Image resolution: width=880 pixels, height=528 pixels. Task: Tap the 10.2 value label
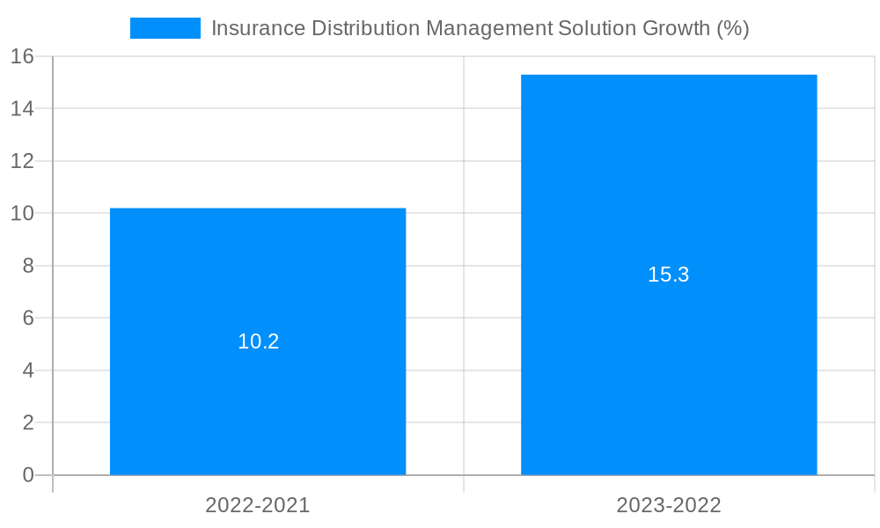click(258, 341)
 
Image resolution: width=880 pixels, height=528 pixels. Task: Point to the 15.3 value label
click(669, 275)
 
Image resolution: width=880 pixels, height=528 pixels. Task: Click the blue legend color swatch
click(165, 28)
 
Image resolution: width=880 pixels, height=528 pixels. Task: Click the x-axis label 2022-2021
click(258, 505)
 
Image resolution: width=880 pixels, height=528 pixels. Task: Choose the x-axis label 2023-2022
click(669, 505)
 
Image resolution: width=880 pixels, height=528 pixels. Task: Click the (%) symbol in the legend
click(732, 28)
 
